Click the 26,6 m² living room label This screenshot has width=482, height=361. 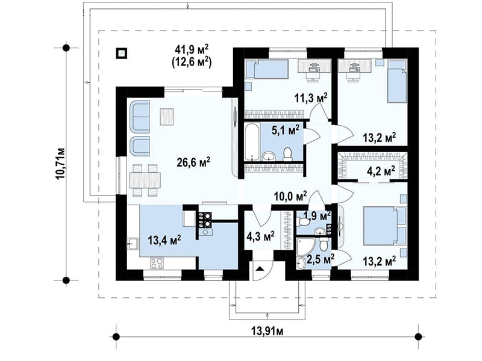[x=193, y=162]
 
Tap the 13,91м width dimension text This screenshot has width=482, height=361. [x=267, y=332]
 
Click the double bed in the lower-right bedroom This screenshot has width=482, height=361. [x=384, y=226]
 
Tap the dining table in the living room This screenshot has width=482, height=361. [x=145, y=180]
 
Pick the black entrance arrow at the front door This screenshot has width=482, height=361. [x=260, y=268]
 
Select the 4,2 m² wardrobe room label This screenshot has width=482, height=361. [x=381, y=170]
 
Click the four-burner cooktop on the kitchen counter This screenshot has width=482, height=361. [x=157, y=263]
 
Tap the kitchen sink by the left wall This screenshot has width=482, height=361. [x=133, y=244]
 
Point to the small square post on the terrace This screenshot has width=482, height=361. [x=122, y=54]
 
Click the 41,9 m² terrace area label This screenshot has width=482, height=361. [x=192, y=49]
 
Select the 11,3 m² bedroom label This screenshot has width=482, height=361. [x=311, y=98]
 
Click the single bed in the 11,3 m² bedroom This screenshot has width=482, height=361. [x=266, y=69]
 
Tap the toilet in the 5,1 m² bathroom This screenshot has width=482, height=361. [x=288, y=155]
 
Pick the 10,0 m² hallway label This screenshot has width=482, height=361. [x=290, y=196]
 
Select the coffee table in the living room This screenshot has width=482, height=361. [x=166, y=117]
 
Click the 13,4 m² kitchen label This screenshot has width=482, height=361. [x=164, y=240]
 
